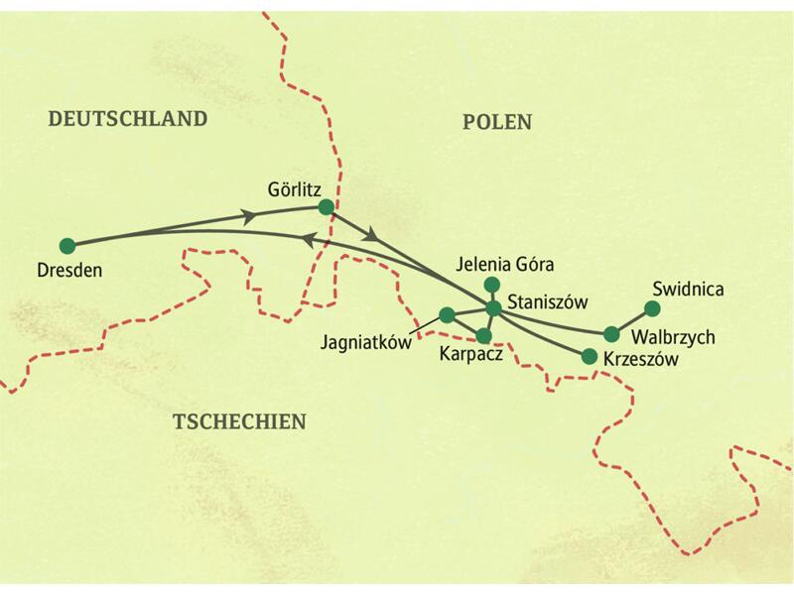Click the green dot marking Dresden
[67, 245]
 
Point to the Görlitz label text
[295, 186]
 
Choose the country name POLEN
[497, 122]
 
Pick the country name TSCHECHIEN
[239, 421]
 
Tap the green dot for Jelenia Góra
[490, 286]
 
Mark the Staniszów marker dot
[492, 306]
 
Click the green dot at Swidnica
[652, 307]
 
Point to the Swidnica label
[689, 290]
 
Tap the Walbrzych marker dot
[611, 334]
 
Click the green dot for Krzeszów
[589, 356]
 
